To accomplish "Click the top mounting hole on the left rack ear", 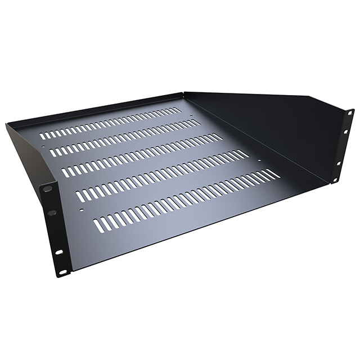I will pyautogui.click(x=48, y=189).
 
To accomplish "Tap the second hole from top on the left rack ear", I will pyautogui.click(x=52, y=213).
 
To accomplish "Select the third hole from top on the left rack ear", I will pyautogui.click(x=58, y=251).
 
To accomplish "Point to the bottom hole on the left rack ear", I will pyautogui.click(x=62, y=272).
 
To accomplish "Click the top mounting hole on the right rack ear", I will pyautogui.click(x=350, y=113).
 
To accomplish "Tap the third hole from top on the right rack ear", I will pyautogui.click(x=339, y=163).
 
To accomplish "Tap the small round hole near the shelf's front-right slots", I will pyautogui.click(x=259, y=161).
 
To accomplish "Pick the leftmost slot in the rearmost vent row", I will pyautogui.click(x=42, y=136).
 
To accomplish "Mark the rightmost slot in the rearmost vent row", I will pyautogui.click(x=179, y=109).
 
